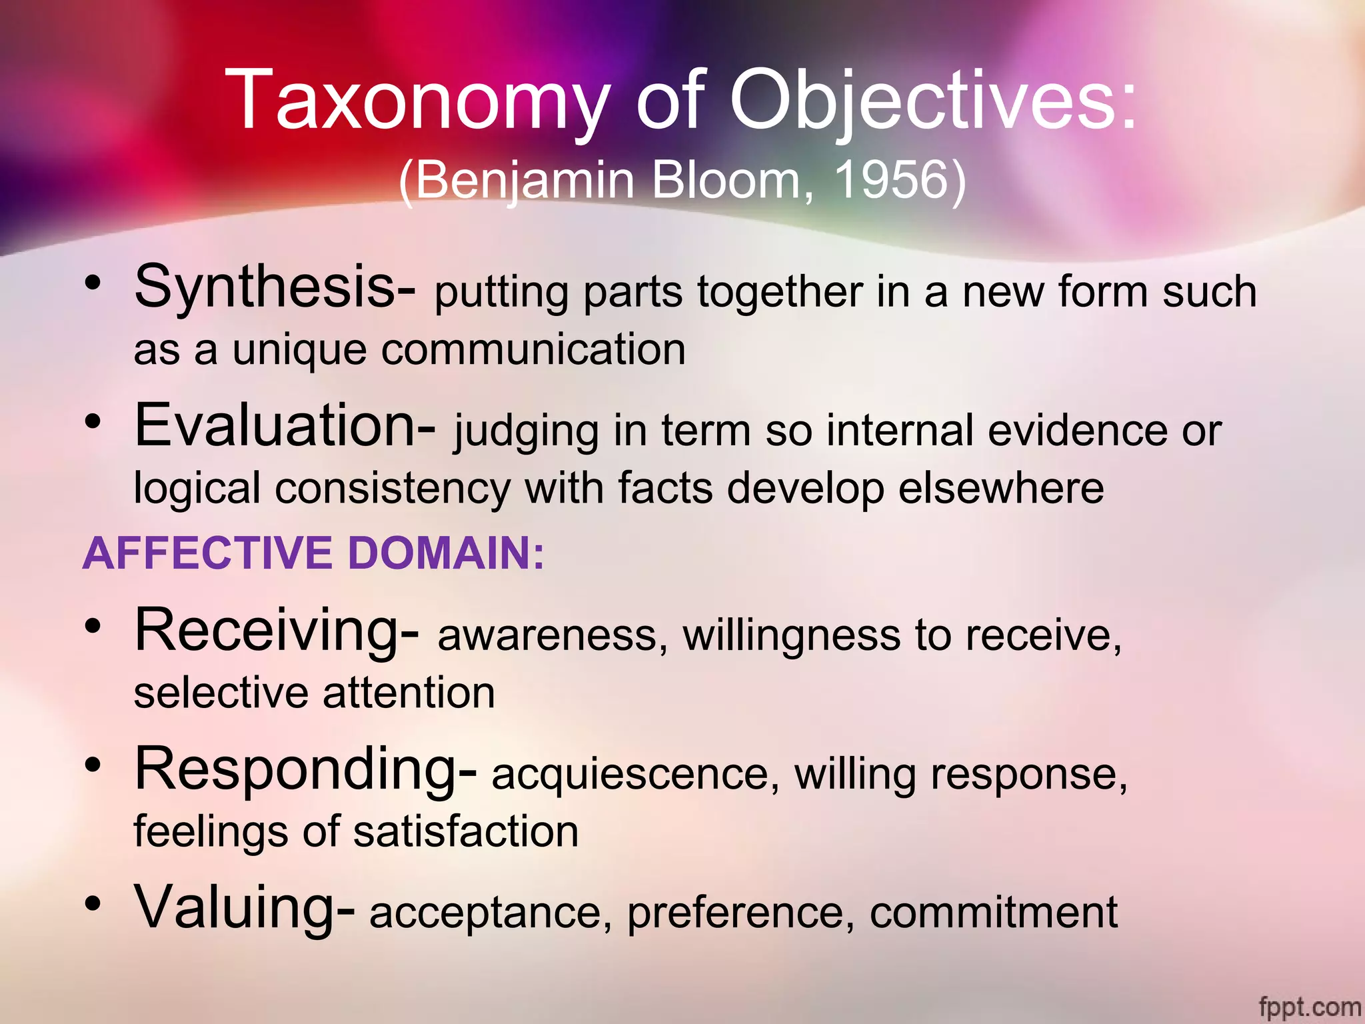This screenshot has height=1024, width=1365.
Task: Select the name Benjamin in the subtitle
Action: [x=526, y=180]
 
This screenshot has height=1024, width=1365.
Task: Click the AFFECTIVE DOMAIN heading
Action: [x=313, y=553]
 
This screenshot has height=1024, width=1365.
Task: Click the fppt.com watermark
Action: [x=1309, y=1005]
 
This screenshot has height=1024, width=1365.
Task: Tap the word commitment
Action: [x=993, y=913]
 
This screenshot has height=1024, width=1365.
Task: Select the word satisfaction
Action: [x=466, y=832]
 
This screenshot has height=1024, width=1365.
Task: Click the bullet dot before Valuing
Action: [x=93, y=904]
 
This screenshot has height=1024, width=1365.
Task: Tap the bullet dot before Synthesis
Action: [x=93, y=284]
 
